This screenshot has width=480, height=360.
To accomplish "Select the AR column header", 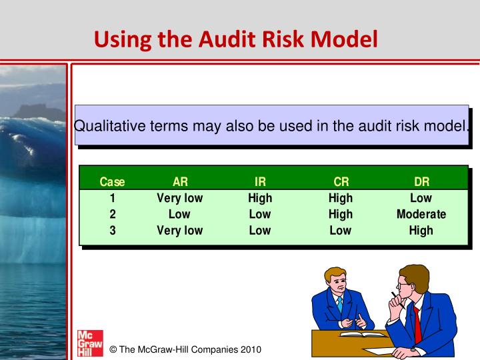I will tap(180, 181).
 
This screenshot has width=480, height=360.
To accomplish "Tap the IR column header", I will tap(260, 181).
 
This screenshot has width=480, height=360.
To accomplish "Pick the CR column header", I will tap(341, 181).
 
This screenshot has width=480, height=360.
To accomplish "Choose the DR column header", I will tap(421, 181).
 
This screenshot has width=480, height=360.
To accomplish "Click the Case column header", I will tap(112, 181).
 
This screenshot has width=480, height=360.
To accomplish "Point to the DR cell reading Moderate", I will tap(421, 214).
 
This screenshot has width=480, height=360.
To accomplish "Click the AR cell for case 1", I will tap(180, 198).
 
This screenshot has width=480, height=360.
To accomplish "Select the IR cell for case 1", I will tap(260, 198).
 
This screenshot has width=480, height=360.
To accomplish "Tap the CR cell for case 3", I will tap(341, 231).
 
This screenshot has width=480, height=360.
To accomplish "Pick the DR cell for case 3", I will tap(421, 231).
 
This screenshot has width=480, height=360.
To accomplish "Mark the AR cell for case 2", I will tap(180, 214).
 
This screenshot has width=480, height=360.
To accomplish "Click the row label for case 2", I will tap(112, 214).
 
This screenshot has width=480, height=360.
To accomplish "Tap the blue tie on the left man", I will tap(339, 305).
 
